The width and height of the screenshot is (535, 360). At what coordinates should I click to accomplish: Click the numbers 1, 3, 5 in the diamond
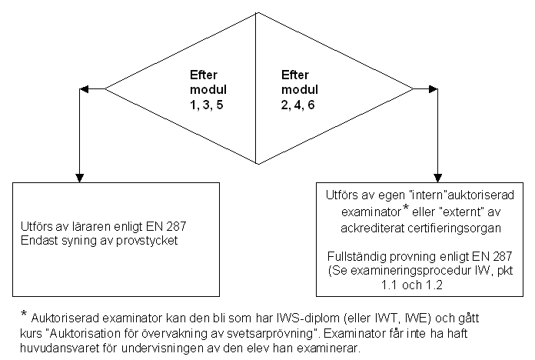[207, 105]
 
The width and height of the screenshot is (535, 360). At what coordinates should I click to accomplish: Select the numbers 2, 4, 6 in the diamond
[298, 105]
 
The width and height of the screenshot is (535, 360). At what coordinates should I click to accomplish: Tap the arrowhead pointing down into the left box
[79, 178]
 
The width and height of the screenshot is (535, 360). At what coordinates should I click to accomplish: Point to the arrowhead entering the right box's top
[437, 178]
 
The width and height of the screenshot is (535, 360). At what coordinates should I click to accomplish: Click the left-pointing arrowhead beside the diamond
[84, 89]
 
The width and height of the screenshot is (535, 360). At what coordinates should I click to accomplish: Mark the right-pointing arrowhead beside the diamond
[434, 89]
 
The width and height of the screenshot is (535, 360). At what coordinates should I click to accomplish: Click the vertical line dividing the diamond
[256, 88]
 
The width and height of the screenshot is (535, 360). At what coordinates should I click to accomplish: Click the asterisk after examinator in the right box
[406, 207]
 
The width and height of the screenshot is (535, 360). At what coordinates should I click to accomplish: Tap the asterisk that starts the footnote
[24, 313]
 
